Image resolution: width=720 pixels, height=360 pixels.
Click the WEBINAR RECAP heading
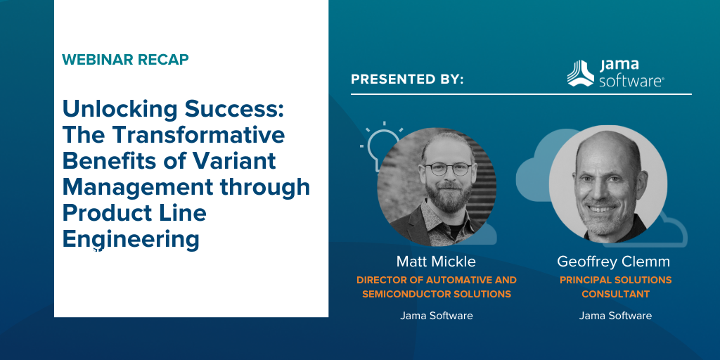point(125,60)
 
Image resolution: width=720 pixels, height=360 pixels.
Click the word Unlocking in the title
point(120,110)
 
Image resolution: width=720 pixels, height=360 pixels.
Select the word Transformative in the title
point(198,134)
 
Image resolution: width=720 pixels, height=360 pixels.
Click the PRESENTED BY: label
point(407,79)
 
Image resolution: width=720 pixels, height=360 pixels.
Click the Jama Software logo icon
point(580,73)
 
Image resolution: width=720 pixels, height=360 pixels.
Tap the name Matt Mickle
point(436,262)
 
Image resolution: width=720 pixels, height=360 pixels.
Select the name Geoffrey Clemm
point(613,262)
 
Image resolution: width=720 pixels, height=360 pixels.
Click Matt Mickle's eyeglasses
point(448,169)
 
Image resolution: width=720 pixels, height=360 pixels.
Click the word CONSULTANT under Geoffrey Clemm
point(615,295)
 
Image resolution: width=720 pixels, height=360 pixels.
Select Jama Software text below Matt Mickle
point(436,316)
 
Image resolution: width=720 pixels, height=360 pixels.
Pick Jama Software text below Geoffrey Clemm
point(615,316)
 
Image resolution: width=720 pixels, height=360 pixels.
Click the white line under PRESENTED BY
point(521,94)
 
